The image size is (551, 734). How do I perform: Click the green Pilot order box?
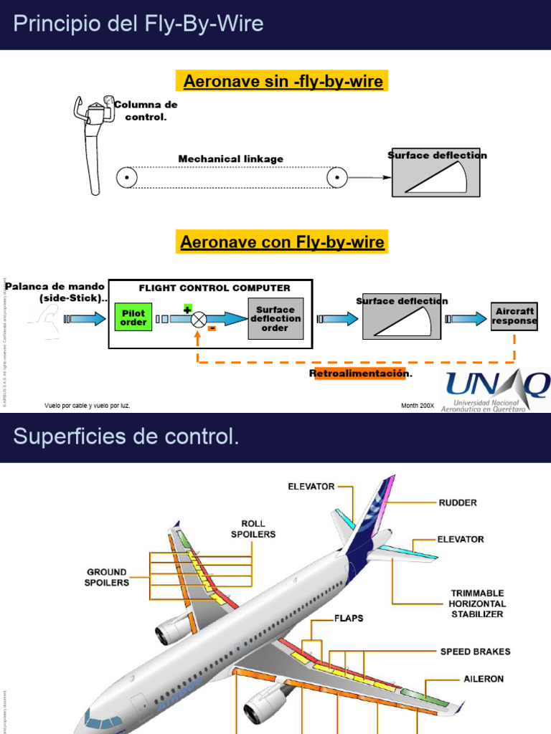click(133, 318)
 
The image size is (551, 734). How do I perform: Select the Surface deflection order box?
click(275, 319)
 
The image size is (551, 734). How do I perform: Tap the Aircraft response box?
click(514, 317)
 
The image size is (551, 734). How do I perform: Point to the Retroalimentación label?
click(361, 373)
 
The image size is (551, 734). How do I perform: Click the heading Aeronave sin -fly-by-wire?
click(283, 82)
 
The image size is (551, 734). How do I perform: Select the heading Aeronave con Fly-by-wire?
click(283, 242)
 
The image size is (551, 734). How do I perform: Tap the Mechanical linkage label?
click(230, 158)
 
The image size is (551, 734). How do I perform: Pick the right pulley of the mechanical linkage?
click(337, 176)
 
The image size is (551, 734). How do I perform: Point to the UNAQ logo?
click(496, 391)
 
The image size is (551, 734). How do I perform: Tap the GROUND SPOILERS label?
click(108, 577)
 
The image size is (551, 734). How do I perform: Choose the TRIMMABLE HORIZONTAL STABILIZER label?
click(476, 604)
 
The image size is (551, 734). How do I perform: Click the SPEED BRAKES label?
click(475, 652)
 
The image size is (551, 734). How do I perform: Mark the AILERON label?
click(483, 678)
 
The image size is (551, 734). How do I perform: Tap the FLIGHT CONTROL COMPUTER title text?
click(215, 288)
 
